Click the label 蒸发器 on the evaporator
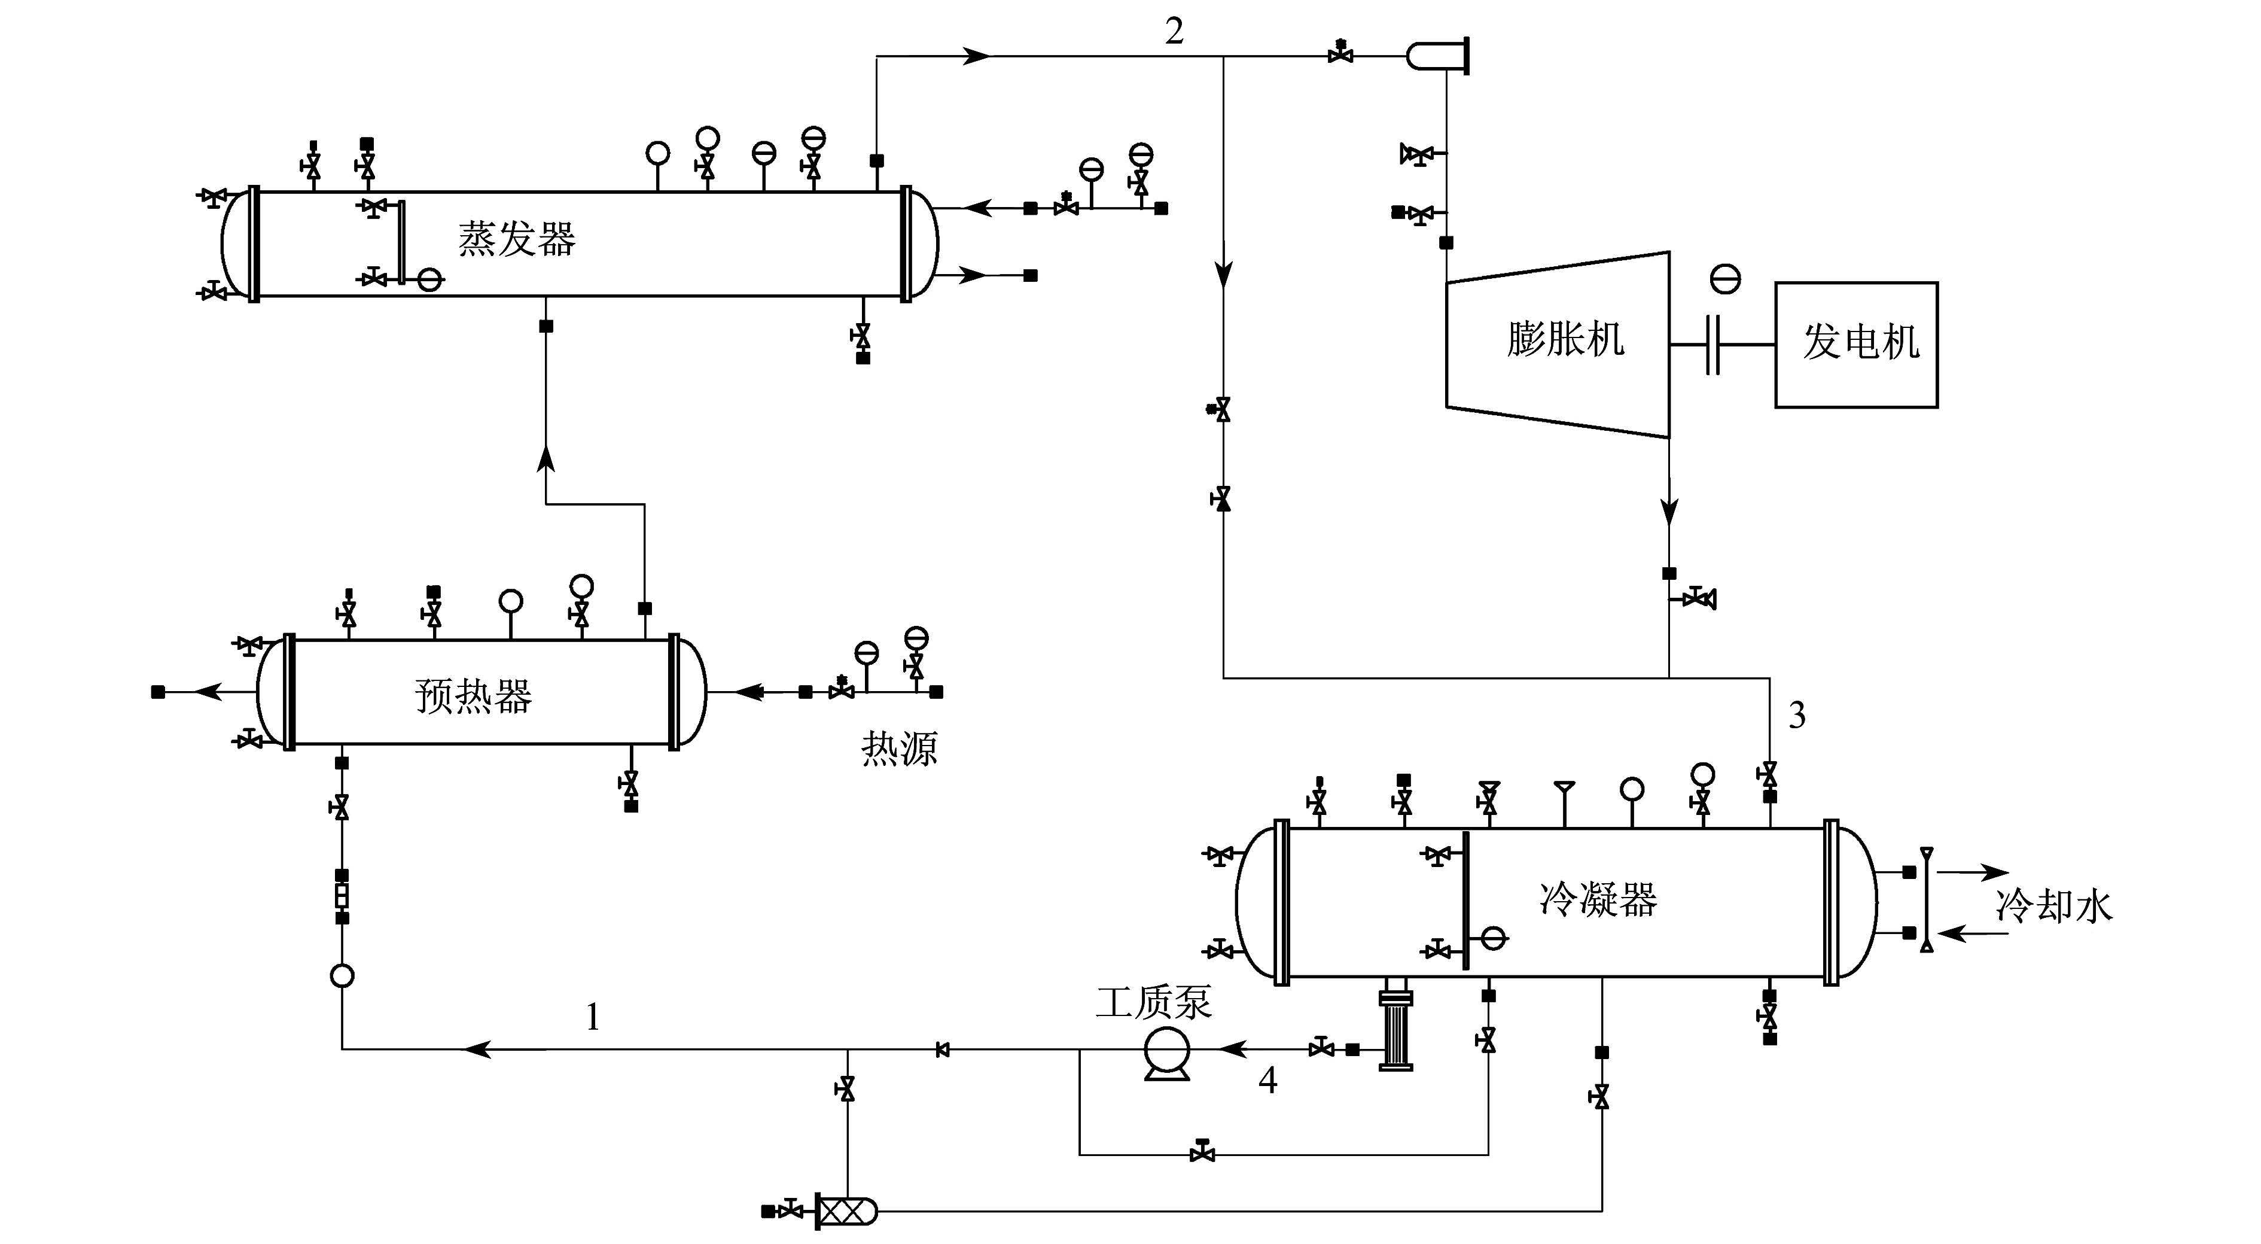point(516,239)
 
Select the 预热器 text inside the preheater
point(473,696)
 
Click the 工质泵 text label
point(1153,1002)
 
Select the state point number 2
point(1174,32)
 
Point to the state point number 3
point(1797,716)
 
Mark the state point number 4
point(1267,1081)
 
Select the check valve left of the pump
point(943,1049)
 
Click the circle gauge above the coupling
point(1726,279)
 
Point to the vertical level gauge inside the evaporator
point(400,242)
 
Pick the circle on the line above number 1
point(342,975)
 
